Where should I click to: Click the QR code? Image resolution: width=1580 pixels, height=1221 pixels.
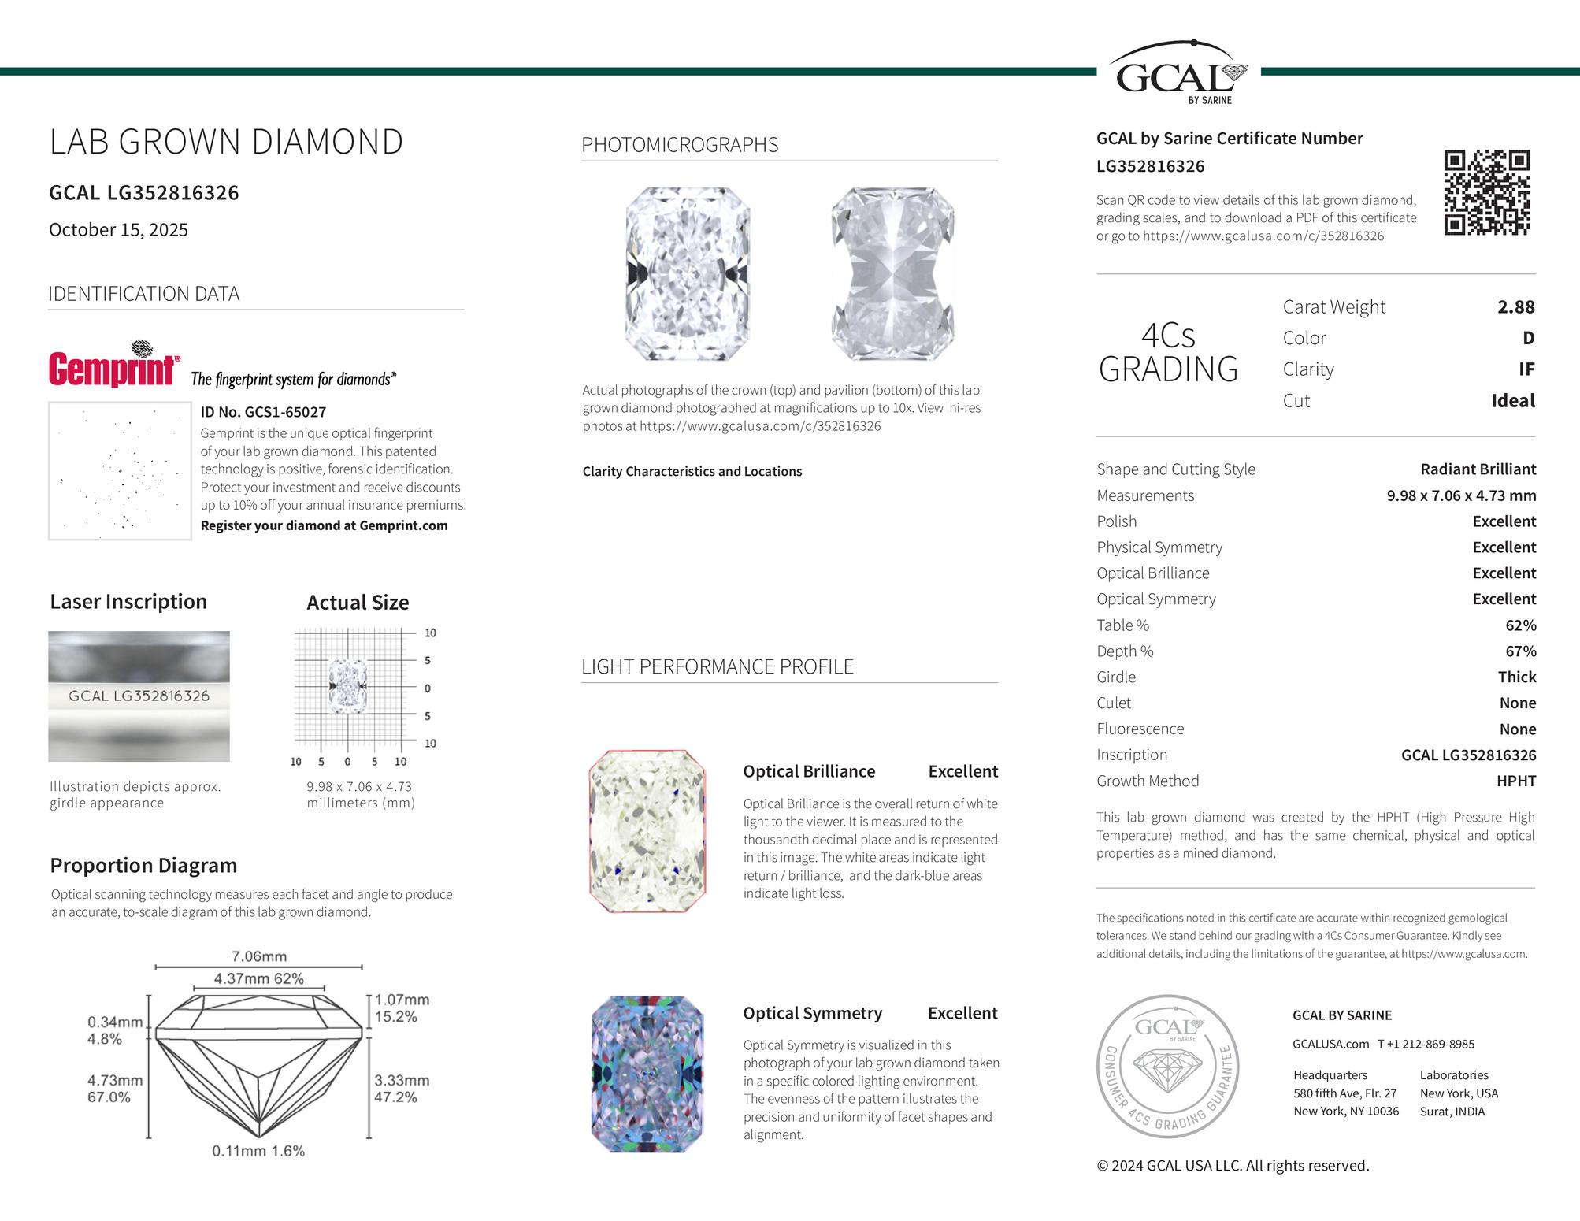1486,192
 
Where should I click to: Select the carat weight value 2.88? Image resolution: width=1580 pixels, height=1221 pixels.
1515,307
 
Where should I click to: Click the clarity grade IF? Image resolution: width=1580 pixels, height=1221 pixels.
1526,369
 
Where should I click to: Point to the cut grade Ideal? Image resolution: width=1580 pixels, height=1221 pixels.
1512,401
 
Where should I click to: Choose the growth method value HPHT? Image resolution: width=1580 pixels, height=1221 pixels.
1515,781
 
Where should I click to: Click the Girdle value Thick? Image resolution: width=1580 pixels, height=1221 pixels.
1516,677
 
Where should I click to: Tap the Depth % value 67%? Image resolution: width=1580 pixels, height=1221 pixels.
1520,651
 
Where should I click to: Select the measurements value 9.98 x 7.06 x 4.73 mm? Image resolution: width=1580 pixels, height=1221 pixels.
1460,495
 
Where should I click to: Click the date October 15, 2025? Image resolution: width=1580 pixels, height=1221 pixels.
118,230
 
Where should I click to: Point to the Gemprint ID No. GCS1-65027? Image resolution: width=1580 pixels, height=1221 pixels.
263,412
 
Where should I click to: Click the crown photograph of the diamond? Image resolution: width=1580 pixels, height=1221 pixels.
688,273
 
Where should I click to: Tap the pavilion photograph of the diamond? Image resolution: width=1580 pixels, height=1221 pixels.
893,273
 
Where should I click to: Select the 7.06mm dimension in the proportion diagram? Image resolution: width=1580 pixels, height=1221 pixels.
259,956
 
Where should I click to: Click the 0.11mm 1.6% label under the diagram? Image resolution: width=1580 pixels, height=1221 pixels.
258,1151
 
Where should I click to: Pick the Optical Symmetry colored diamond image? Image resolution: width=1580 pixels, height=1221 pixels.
647,1074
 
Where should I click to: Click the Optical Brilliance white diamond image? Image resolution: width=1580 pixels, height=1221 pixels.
647,831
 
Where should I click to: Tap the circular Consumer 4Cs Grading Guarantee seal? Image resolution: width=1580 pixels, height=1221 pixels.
1168,1066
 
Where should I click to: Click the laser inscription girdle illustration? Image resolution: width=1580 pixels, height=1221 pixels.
139,696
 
